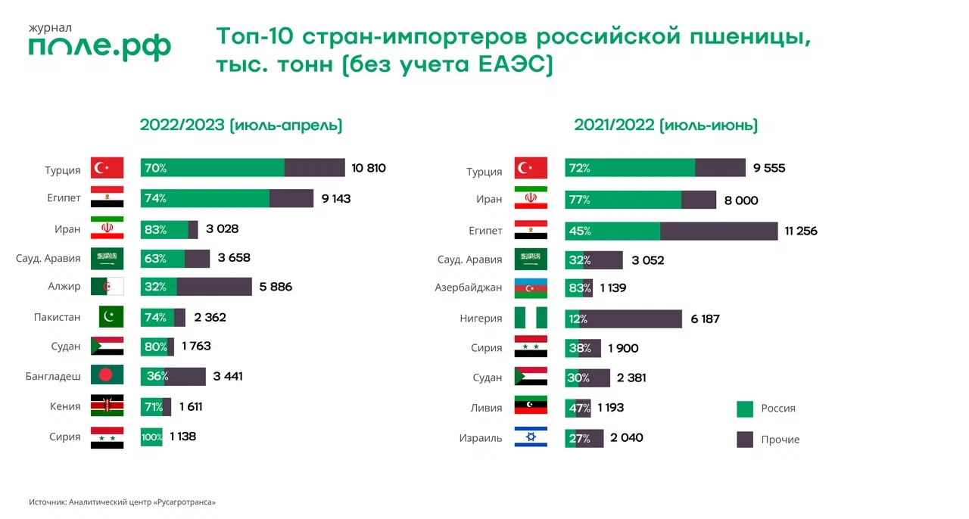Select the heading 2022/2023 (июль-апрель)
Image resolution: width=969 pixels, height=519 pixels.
pyautogui.click(x=241, y=126)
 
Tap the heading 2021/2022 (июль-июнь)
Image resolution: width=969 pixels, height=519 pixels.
pyautogui.click(x=665, y=126)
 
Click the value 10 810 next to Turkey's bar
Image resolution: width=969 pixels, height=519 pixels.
pyautogui.click(x=369, y=168)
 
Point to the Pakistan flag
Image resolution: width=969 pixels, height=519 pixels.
pyautogui.click(x=111, y=317)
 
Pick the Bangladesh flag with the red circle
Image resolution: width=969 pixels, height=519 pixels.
pyautogui.click(x=107, y=376)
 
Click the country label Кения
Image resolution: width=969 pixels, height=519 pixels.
pyautogui.click(x=65, y=406)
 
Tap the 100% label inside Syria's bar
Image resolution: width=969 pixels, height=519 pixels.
pyautogui.click(x=151, y=437)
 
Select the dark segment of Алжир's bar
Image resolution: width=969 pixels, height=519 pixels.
pyautogui.click(x=214, y=287)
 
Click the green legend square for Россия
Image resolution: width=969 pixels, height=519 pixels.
pyautogui.click(x=745, y=409)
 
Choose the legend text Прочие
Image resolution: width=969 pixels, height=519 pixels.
pyautogui.click(x=780, y=440)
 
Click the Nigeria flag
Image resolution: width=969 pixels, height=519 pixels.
pyautogui.click(x=531, y=318)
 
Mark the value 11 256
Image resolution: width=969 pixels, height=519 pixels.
pyautogui.click(x=801, y=231)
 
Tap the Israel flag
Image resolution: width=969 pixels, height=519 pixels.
pyautogui.click(x=531, y=437)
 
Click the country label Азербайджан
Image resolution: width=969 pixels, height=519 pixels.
pyautogui.click(x=468, y=288)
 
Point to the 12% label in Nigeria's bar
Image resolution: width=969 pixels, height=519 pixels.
pyautogui.click(x=577, y=319)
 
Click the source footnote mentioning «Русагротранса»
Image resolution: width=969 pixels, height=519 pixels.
pyautogui.click(x=123, y=502)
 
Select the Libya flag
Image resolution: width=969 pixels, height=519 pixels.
pyautogui.click(x=531, y=407)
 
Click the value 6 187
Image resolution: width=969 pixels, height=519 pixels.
pyautogui.click(x=705, y=319)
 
